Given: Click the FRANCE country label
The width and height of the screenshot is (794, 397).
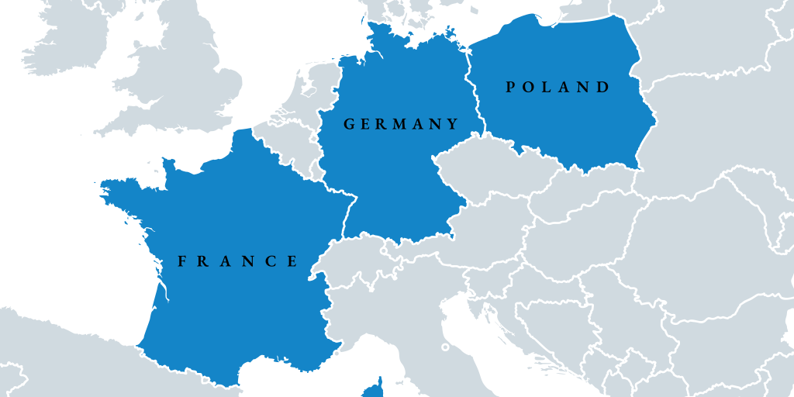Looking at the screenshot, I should [x=238, y=261].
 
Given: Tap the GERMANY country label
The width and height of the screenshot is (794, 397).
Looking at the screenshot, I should [x=401, y=124].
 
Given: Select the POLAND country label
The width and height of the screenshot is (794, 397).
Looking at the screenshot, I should [x=558, y=87].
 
